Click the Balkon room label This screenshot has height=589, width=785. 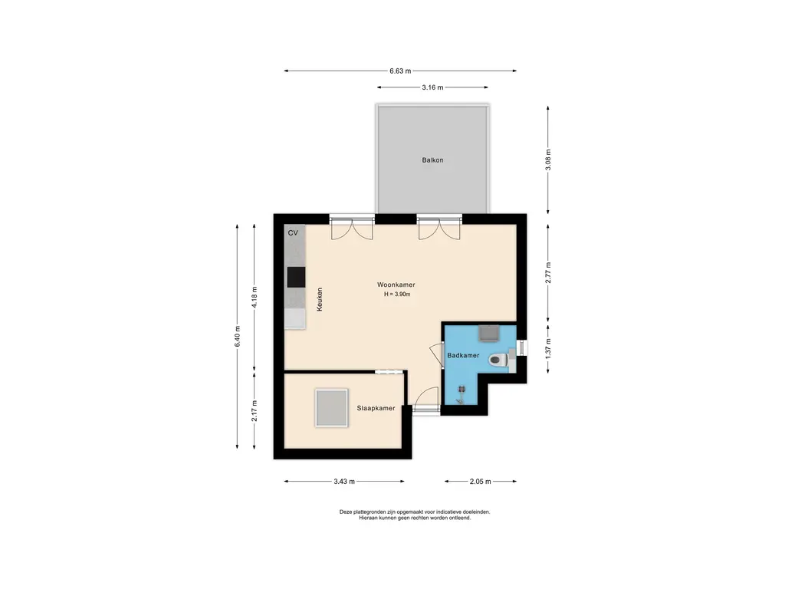[432, 160]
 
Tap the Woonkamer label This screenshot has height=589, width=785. [396, 285]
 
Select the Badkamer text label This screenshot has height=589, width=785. [463, 355]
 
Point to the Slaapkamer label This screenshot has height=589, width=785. [376, 408]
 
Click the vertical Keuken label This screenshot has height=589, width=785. [320, 299]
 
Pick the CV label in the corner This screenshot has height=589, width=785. [293, 233]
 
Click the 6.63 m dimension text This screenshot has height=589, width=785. [400, 71]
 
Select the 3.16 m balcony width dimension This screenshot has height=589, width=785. [432, 87]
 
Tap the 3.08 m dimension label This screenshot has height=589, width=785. [548, 160]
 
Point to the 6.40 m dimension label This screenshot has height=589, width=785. [238, 337]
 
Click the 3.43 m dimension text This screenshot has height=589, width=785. [344, 482]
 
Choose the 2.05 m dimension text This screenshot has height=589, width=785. [481, 482]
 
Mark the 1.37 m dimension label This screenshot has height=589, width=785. [548, 348]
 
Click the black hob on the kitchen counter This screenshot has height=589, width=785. [296, 277]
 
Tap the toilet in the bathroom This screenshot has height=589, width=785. [498, 359]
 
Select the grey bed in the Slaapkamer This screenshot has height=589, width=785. [331, 408]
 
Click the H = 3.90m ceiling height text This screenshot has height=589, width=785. [397, 294]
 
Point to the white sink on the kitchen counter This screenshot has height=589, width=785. [295, 318]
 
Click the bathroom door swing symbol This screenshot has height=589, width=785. [436, 356]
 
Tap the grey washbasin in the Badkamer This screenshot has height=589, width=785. [488, 333]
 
